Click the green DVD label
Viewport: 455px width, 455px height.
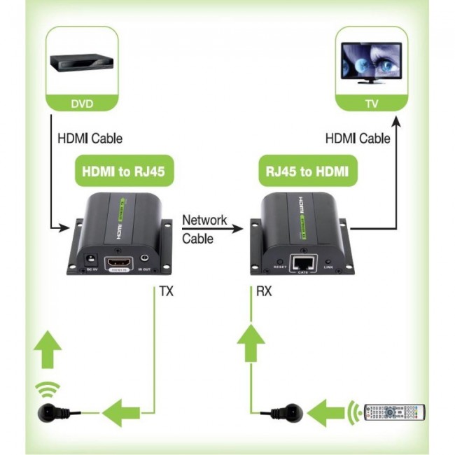(82, 104)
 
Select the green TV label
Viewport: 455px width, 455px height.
(371, 104)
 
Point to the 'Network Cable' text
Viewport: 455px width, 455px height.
(204, 229)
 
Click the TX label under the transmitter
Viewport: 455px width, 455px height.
(166, 290)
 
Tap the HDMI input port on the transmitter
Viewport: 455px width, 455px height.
(118, 264)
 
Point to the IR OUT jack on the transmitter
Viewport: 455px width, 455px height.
(145, 260)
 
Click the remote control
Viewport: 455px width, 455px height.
(393, 411)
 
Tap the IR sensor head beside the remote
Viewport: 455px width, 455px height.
(289, 412)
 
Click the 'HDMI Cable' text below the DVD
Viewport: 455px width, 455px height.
(89, 139)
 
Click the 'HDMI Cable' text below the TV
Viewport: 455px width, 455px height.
(357, 139)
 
